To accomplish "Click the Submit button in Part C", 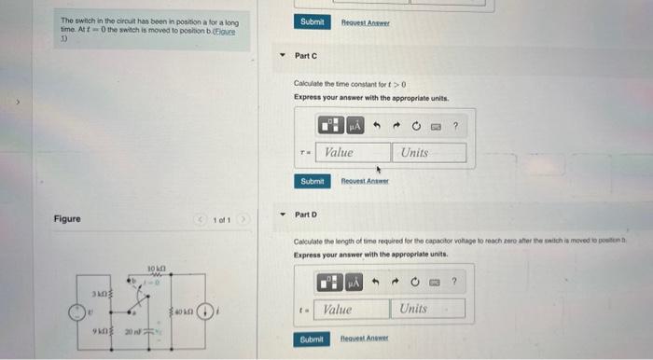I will (313, 181).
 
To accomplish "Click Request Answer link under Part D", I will (363, 339).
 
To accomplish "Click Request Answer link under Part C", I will (364, 181).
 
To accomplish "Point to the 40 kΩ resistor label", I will (181, 298).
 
